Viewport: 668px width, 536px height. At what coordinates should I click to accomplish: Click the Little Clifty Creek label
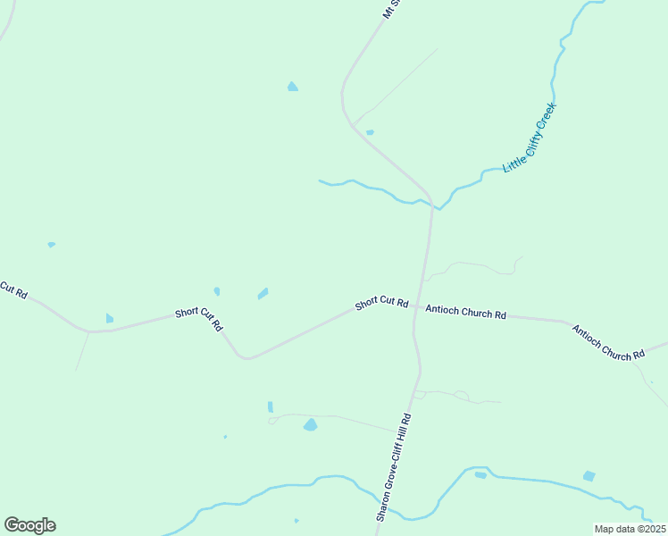coord(530,138)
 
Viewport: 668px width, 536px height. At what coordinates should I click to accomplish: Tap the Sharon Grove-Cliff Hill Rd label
coord(393,468)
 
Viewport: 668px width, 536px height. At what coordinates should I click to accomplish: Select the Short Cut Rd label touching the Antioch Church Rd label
coord(381,304)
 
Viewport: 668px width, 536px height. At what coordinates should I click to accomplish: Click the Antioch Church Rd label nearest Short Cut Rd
coord(466,313)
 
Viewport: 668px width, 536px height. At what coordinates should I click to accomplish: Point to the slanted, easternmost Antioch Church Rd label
coord(608,342)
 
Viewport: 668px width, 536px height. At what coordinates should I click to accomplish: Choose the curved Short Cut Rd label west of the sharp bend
coord(198,318)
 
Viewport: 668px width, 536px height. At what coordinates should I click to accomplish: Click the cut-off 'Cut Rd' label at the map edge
coord(13,290)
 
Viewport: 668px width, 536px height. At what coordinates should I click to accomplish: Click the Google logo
coord(29,525)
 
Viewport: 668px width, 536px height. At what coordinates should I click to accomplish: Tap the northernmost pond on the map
coord(292,87)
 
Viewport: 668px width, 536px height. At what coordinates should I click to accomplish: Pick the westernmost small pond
coord(51,244)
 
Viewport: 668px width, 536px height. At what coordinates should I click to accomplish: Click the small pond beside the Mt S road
coord(370,132)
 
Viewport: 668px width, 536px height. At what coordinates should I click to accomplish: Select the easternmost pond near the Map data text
coord(589,476)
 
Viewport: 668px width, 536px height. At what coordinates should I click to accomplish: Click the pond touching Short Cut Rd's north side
coord(109,318)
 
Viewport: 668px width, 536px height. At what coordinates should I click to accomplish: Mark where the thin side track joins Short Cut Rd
coord(88,331)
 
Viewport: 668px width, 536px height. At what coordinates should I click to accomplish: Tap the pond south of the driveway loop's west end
coord(310,425)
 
